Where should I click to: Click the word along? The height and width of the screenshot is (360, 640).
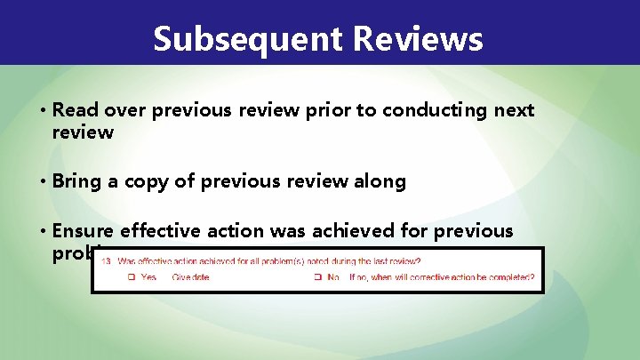tap(380, 181)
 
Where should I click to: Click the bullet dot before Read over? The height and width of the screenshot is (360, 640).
tap(43, 111)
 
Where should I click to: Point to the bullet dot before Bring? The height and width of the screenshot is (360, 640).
tap(43, 182)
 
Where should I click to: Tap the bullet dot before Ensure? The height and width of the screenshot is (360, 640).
tap(43, 232)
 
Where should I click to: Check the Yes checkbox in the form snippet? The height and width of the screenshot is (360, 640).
tap(130, 277)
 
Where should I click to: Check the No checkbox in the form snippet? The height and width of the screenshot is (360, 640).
tap(316, 277)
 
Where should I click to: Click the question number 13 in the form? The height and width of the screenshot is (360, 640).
tap(106, 261)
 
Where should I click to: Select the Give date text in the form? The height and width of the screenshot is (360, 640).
tap(192, 277)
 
